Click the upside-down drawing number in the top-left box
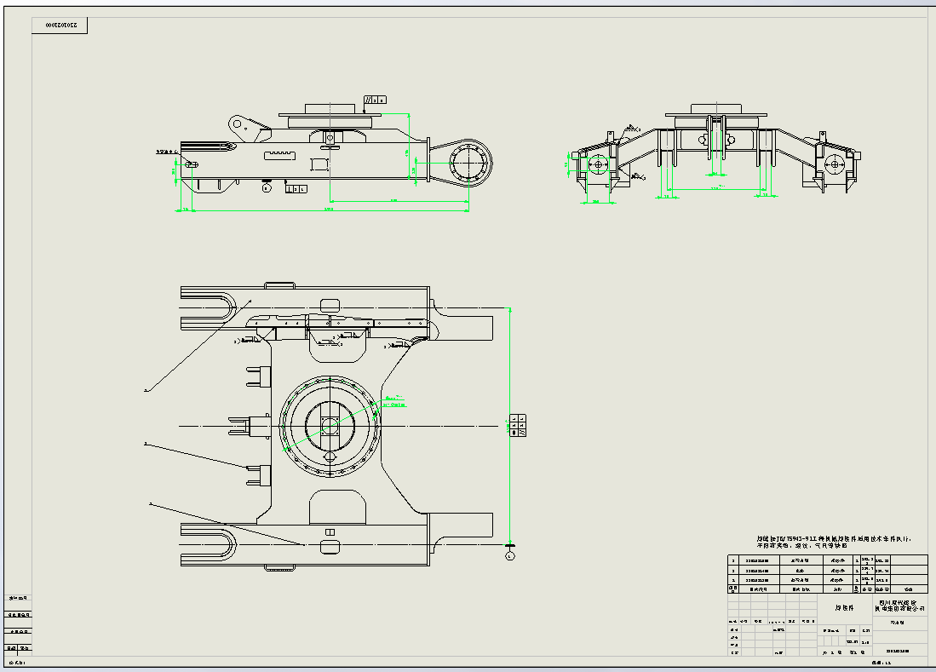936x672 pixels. (60, 26)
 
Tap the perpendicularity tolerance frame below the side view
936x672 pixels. (296, 189)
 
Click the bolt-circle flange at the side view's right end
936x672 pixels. (467, 161)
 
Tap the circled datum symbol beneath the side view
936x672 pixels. (267, 188)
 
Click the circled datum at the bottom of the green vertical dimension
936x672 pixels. (509, 555)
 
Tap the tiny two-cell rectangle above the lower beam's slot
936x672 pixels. (330, 532)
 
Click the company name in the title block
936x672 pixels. (900, 606)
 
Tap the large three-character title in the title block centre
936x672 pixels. (844, 608)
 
